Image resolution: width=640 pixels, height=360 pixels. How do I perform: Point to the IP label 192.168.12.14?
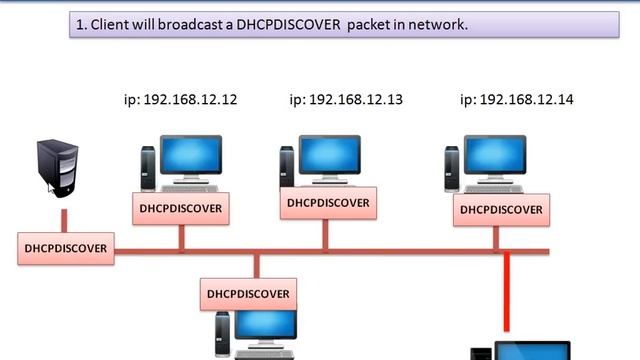point(516,100)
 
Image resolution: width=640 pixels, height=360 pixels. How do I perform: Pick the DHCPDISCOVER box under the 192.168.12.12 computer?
point(181,208)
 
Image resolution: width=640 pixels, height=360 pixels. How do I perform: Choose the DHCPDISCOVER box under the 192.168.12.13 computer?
point(327,203)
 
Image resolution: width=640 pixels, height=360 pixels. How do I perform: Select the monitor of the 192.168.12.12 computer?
point(191,157)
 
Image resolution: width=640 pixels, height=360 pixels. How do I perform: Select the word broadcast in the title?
point(203,25)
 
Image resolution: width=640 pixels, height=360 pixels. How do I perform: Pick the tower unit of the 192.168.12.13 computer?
point(287,165)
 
